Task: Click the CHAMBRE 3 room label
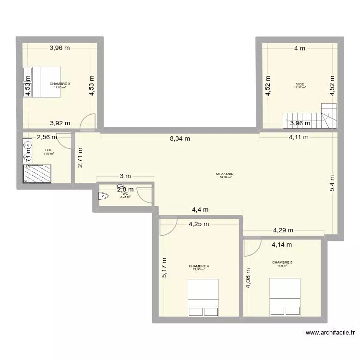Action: (x=60, y=84)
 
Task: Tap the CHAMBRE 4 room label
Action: (x=198, y=266)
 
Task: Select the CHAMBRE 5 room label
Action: (x=282, y=263)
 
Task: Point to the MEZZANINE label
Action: (x=225, y=175)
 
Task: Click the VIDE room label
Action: (x=300, y=84)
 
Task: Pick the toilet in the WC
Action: (x=102, y=196)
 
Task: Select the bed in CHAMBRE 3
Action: (x=41, y=82)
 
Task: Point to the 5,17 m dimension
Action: (x=164, y=268)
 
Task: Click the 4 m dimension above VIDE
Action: (x=300, y=48)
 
